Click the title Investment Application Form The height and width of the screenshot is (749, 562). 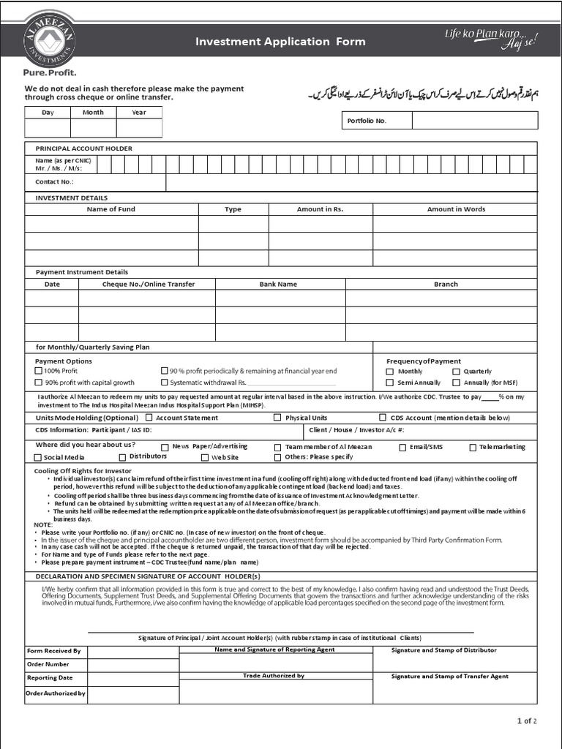280,42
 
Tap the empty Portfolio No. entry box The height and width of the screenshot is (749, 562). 474,121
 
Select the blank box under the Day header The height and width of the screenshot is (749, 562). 48,128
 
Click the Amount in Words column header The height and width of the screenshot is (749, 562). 456,209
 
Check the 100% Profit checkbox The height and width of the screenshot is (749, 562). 39,372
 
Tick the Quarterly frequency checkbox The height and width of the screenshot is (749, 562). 456,372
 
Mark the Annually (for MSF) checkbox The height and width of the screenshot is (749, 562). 456,383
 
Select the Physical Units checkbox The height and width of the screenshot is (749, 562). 277,418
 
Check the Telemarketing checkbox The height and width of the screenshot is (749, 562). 473,447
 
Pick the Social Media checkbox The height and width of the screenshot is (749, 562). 38,457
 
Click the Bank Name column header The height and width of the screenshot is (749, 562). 278,284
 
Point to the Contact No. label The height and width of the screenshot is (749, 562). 54,182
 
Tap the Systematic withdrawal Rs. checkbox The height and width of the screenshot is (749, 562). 164,383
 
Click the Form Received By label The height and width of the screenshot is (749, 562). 53,650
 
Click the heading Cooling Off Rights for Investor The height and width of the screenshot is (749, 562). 83,471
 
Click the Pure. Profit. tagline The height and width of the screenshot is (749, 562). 50,72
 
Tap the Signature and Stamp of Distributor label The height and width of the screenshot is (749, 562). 443,650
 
